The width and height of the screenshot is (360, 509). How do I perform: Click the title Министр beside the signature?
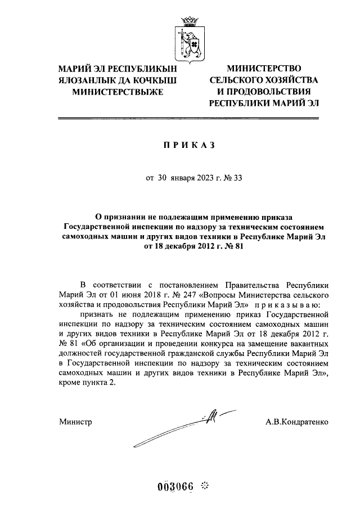(x=75, y=421)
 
